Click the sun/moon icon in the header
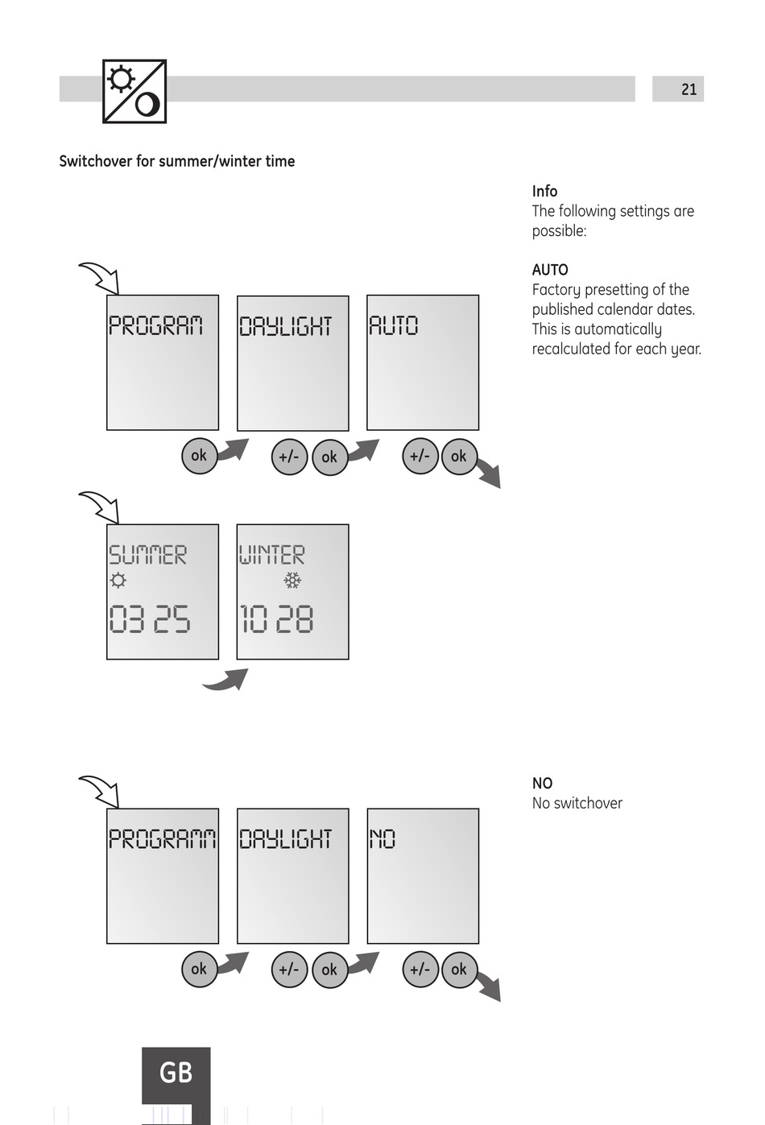click(x=134, y=91)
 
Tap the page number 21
click(x=688, y=89)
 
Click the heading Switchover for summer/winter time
click(x=177, y=161)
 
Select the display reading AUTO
click(x=423, y=362)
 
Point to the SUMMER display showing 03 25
click(x=163, y=592)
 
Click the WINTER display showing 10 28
click(x=292, y=592)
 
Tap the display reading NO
click(x=423, y=876)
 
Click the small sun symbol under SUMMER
click(x=118, y=580)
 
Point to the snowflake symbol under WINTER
click(x=292, y=580)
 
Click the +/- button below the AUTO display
click(x=420, y=457)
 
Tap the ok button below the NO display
click(x=459, y=970)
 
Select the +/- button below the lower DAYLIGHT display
click(x=289, y=970)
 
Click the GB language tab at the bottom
click(x=176, y=1073)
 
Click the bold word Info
click(x=544, y=192)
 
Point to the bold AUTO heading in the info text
click(x=550, y=270)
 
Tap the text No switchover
click(x=577, y=803)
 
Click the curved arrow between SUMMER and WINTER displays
click(x=226, y=680)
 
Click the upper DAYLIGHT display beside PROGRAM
click(x=292, y=362)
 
